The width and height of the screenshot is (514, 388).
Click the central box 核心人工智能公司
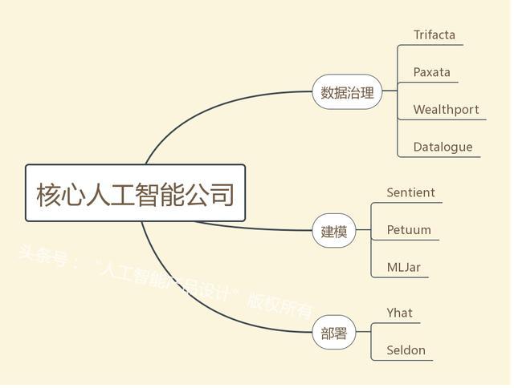tap(135, 193)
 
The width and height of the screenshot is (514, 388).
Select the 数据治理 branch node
tap(347, 92)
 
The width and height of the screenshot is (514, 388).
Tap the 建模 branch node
tap(334, 232)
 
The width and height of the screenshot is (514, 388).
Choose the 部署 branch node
tap(334, 333)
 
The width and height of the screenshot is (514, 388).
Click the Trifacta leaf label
tap(434, 34)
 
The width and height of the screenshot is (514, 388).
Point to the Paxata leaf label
tap(431, 72)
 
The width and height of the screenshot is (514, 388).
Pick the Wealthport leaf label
tap(446, 110)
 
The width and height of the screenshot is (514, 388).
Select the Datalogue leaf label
tap(443, 148)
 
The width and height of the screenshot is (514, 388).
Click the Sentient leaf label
tap(410, 192)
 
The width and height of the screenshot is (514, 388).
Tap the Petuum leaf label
tap(409, 230)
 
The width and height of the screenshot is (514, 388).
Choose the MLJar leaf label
tap(403, 268)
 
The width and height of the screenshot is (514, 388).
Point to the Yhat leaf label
tap(399, 313)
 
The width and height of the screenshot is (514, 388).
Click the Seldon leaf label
tap(406, 350)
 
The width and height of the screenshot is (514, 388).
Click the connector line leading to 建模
tap(257, 228)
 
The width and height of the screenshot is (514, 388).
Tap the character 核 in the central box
tap(51, 194)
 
